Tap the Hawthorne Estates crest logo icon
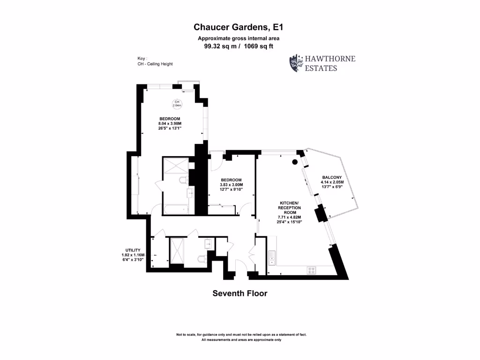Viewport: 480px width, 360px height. coord(296,63)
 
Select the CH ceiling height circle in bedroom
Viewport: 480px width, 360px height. coord(177,104)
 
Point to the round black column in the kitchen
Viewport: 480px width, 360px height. coord(294,162)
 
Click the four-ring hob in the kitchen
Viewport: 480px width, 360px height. coord(312,270)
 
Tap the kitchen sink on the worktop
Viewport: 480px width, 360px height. coord(271,258)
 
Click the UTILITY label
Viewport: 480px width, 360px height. coord(133,250)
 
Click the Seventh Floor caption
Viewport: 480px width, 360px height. coord(240,293)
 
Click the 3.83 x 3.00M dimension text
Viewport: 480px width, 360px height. coord(232,185)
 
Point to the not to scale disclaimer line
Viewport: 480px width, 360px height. coord(241,335)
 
